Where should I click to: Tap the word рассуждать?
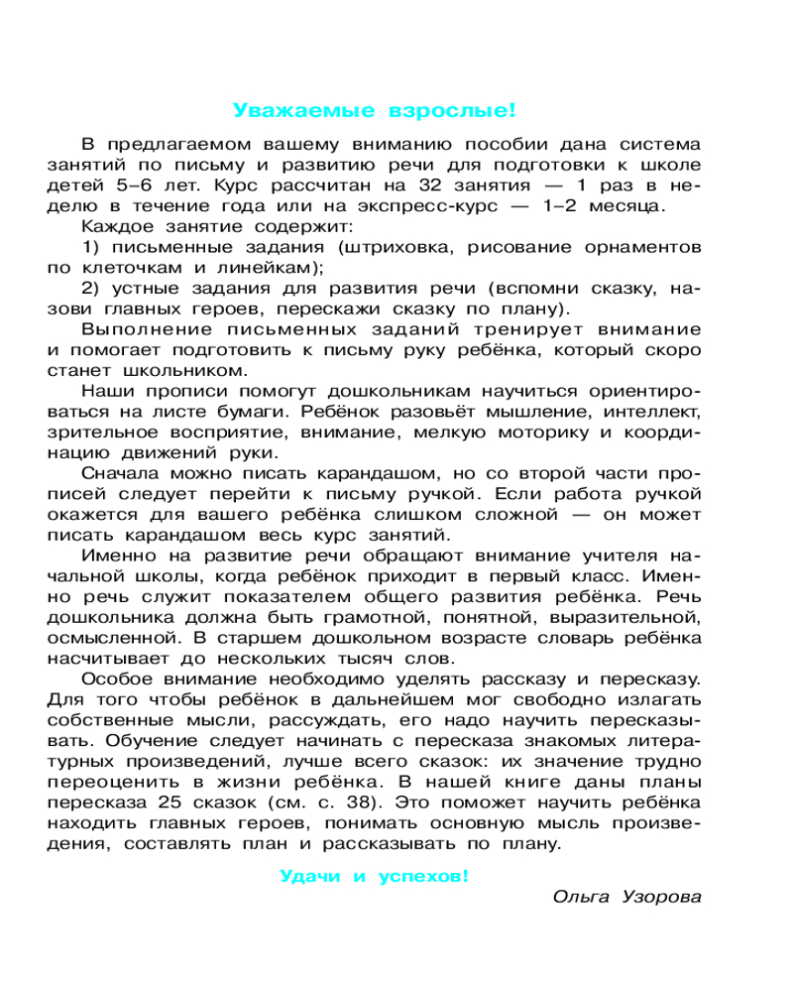[299, 720]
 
